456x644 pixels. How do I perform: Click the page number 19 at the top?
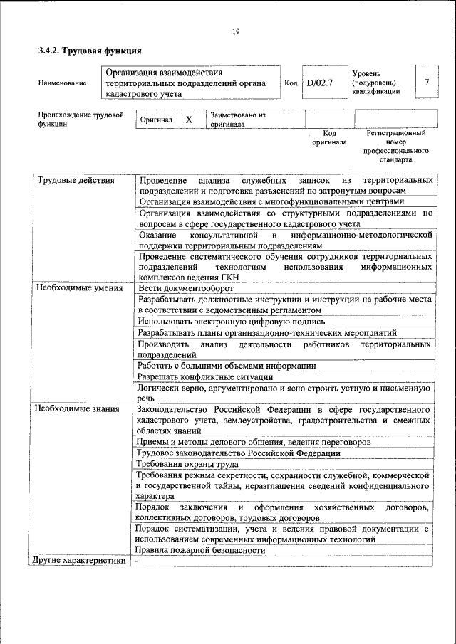point(236,31)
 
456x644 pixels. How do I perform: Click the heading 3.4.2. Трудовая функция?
point(90,51)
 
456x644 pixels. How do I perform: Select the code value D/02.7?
point(320,83)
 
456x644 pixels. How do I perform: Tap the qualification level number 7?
point(426,83)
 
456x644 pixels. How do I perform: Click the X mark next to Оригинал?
point(189,120)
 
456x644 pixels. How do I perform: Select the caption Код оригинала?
point(328,137)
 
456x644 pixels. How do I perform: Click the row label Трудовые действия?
point(76,181)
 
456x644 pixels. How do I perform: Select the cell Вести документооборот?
point(186,288)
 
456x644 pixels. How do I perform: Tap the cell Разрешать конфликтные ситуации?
point(205,376)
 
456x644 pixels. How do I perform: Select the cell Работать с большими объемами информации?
point(227,366)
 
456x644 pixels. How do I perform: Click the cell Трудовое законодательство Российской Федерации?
point(239,453)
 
